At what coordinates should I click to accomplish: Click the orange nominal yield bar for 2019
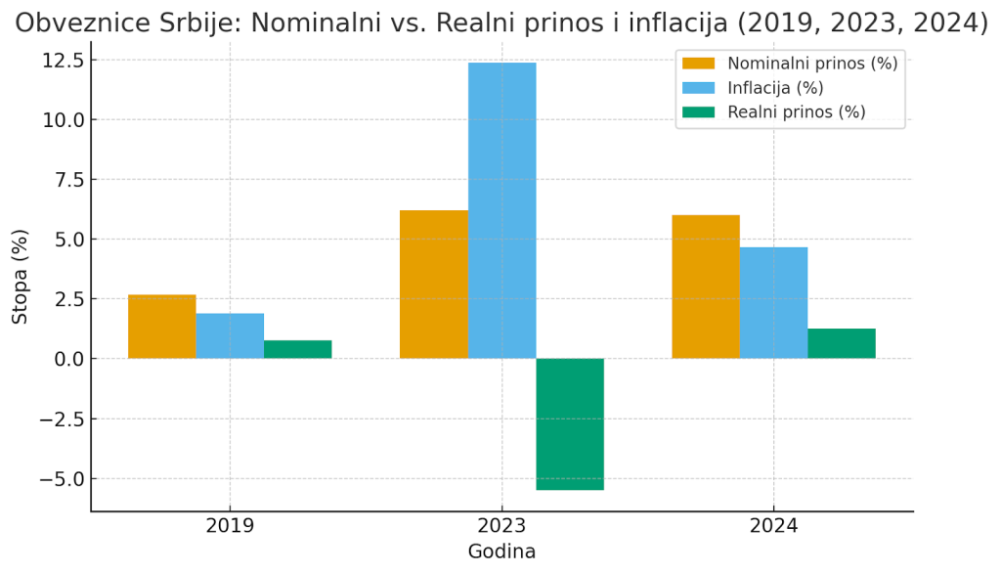point(161,327)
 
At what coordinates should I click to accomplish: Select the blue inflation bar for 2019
point(230,335)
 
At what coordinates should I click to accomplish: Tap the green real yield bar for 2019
point(297,349)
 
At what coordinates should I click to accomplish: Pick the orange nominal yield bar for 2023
point(434,285)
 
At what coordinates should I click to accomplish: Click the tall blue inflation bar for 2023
point(501,210)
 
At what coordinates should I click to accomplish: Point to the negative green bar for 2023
point(570,423)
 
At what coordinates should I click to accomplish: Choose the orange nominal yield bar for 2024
point(706,287)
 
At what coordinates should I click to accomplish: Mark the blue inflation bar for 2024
point(773,303)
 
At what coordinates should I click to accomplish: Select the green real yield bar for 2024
point(842,343)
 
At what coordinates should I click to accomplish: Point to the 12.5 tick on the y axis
point(63,61)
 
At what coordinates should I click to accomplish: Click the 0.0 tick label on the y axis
point(68,359)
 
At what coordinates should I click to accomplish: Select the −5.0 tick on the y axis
point(63,479)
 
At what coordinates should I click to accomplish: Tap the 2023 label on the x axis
point(501,526)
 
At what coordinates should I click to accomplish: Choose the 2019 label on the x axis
point(230,526)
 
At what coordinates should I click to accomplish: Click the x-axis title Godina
point(501,552)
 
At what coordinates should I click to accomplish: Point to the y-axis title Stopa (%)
point(21,277)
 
